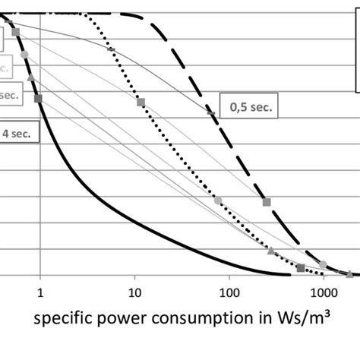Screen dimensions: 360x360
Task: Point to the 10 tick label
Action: pyautogui.click(x=134, y=291)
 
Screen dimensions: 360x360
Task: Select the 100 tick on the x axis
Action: pyautogui.click(x=229, y=291)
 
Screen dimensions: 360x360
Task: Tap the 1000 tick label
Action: pyautogui.click(x=324, y=291)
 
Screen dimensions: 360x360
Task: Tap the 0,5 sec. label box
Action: pyautogui.click(x=249, y=108)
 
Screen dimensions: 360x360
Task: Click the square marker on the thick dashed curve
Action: pyautogui.click(x=267, y=202)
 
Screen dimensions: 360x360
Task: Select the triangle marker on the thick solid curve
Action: pyautogui.click(x=30, y=77)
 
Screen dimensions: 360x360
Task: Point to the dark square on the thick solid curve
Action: pyautogui.click(x=38, y=98)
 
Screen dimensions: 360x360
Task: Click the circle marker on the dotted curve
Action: pyautogui.click(x=218, y=200)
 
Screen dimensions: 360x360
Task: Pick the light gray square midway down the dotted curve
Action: pyautogui.click(x=141, y=102)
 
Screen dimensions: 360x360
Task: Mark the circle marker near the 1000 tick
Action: pyautogui.click(x=324, y=264)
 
